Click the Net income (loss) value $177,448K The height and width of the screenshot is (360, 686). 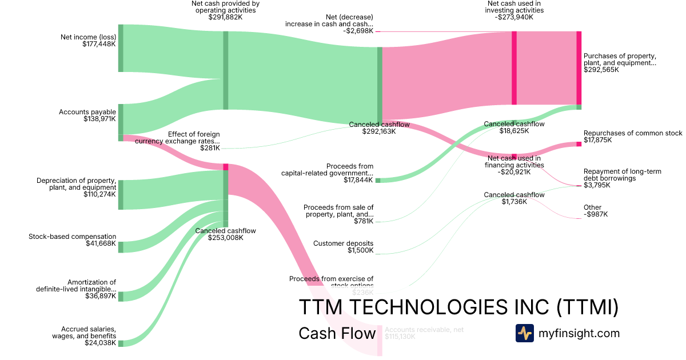pyautogui.click(x=99, y=45)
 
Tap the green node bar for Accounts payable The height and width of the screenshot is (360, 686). pyautogui.click(x=121, y=122)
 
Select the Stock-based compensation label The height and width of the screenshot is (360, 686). pyautogui.click(x=73, y=237)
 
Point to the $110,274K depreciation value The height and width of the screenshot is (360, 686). pyautogui.click(x=100, y=194)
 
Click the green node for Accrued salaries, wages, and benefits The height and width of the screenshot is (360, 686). pyautogui.click(x=121, y=343)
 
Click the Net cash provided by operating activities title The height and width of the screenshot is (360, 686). pyautogui.click(x=225, y=7)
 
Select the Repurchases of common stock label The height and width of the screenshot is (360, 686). pyautogui.click(x=633, y=133)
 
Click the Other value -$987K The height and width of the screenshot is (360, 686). pyautogui.click(x=596, y=215)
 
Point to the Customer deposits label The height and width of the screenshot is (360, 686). pyautogui.click(x=343, y=243)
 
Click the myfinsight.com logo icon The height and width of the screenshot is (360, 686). pyautogui.click(x=524, y=333)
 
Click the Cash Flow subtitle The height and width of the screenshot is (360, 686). pyautogui.click(x=337, y=333)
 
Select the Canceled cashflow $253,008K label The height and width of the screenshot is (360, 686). pyautogui.click(x=225, y=231)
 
